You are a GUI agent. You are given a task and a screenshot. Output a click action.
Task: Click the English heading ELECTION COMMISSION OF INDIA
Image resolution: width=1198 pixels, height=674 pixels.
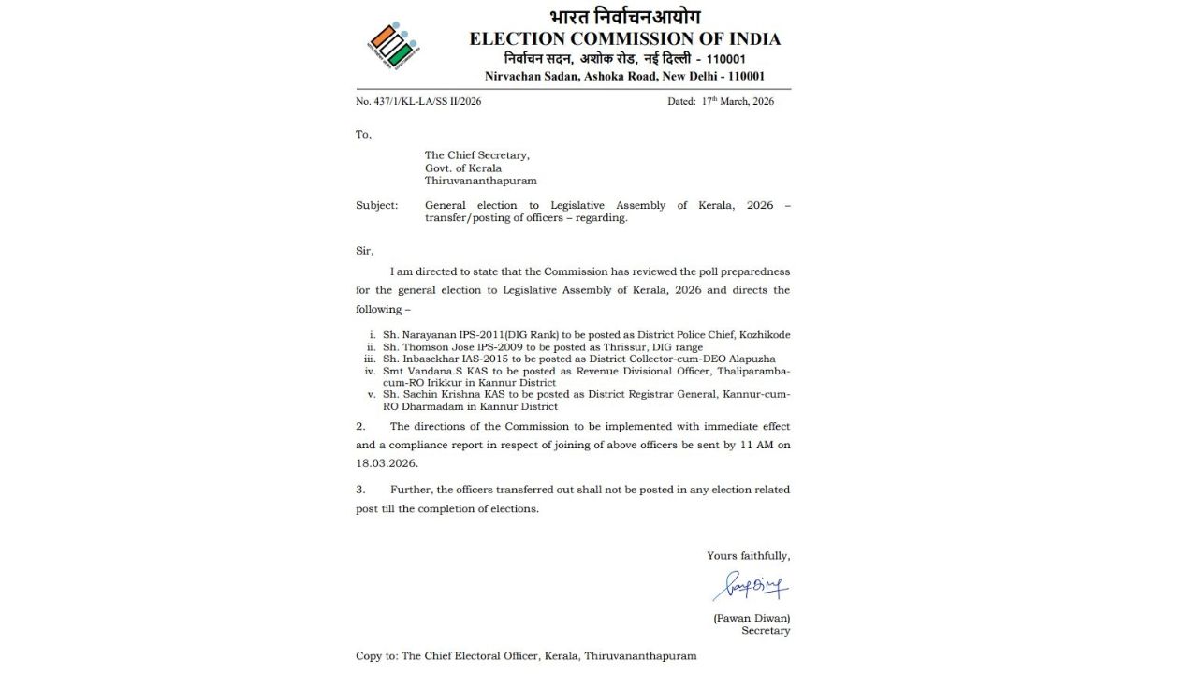(x=624, y=38)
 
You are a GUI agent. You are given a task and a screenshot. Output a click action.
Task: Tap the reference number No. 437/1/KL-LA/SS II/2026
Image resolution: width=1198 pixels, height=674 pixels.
(x=418, y=101)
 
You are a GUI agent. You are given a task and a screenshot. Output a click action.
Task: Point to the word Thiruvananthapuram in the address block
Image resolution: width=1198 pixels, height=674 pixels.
(x=480, y=181)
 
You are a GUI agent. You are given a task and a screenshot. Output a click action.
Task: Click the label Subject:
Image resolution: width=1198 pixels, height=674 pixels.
(x=376, y=205)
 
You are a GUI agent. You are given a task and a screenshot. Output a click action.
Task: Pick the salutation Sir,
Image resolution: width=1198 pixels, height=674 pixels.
(x=364, y=251)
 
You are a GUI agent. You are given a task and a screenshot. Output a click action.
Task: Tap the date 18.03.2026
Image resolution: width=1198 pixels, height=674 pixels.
(x=387, y=463)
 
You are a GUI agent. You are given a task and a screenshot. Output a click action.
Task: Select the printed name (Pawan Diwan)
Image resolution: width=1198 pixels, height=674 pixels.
(x=752, y=618)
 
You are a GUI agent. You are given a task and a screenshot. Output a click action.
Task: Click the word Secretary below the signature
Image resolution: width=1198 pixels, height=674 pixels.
(x=766, y=631)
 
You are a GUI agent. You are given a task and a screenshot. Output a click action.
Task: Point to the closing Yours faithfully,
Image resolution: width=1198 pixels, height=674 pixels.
(x=748, y=556)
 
